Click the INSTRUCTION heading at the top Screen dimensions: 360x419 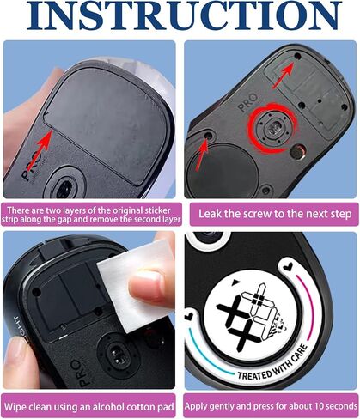pos(183,15)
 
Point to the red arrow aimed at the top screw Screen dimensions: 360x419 pos(283,76)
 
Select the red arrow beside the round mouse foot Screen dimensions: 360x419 pos(203,153)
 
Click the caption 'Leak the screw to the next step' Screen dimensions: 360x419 pos(275,214)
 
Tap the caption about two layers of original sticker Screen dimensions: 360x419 pos(91,215)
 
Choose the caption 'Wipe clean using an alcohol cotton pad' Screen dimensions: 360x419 pos(89,407)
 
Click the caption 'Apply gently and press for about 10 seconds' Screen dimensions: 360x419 pos(271,406)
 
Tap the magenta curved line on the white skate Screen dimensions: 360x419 pos(308,307)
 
